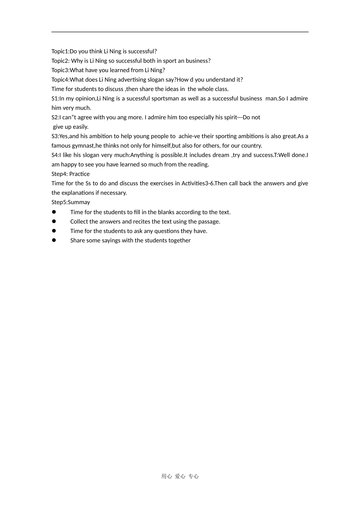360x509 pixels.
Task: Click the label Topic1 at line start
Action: (x=59, y=52)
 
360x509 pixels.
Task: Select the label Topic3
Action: (x=60, y=70)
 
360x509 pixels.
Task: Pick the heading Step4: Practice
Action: (x=70, y=174)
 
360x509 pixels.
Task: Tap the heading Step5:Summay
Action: (x=70, y=202)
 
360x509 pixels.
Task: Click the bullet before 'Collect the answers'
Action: (x=54, y=222)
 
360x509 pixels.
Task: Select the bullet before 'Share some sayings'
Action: (x=54, y=240)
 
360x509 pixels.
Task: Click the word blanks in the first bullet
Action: (x=156, y=212)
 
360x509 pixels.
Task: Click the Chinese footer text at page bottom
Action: (x=180, y=476)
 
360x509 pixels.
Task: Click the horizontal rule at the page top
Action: (x=180, y=32)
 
